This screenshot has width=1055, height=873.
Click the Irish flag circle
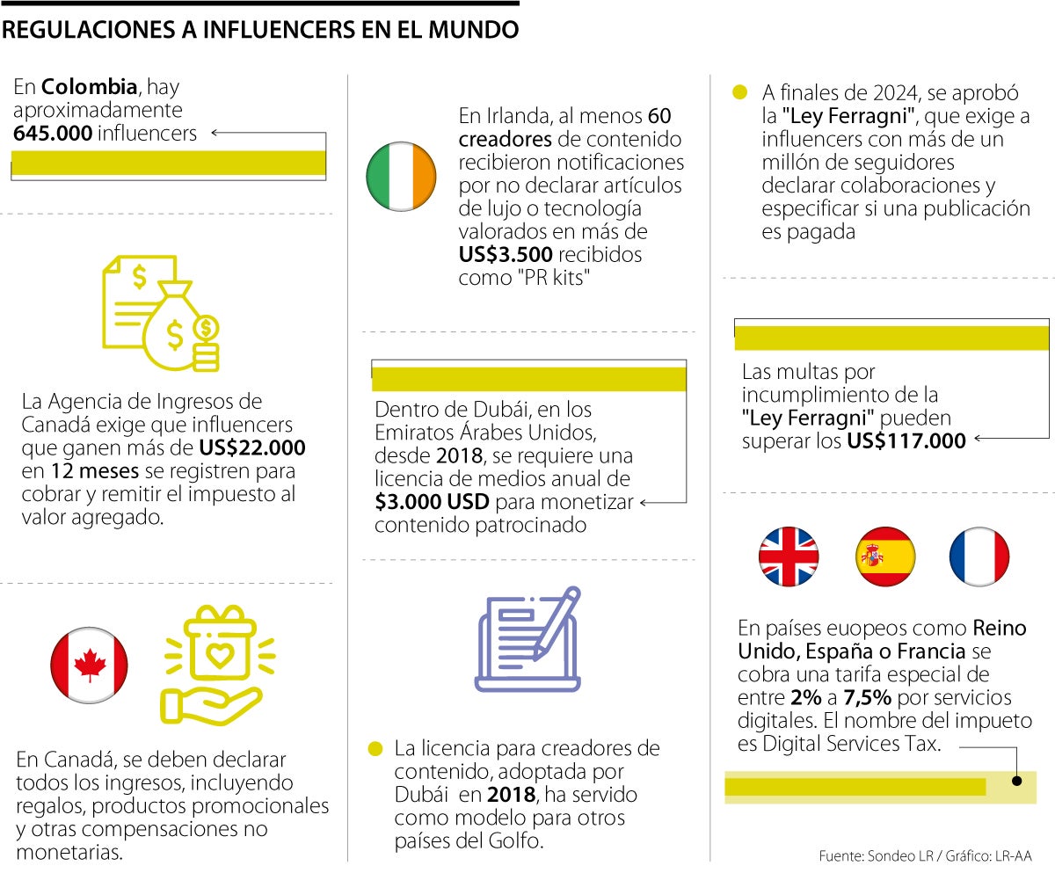pyautogui.click(x=401, y=176)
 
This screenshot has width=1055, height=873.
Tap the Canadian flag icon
pyautogui.click(x=90, y=666)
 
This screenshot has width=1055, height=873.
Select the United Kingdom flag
pyautogui.click(x=789, y=557)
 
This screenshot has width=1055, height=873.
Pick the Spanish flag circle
pyautogui.click(x=884, y=557)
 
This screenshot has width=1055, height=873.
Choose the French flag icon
pyautogui.click(x=979, y=557)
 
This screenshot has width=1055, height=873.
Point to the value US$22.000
pyautogui.click(x=252, y=448)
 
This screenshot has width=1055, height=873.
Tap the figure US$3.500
pyautogui.click(x=506, y=255)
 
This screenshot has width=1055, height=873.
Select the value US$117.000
pyautogui.click(x=906, y=440)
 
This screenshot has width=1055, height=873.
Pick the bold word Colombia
pyautogui.click(x=90, y=87)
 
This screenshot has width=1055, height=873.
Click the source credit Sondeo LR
pyautogui.click(x=896, y=855)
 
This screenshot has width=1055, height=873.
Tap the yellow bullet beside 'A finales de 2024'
pyautogui.click(x=740, y=92)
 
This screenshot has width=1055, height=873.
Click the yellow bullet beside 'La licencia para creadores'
pyautogui.click(x=375, y=749)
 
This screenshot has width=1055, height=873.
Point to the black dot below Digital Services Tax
pyautogui.click(x=1016, y=780)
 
